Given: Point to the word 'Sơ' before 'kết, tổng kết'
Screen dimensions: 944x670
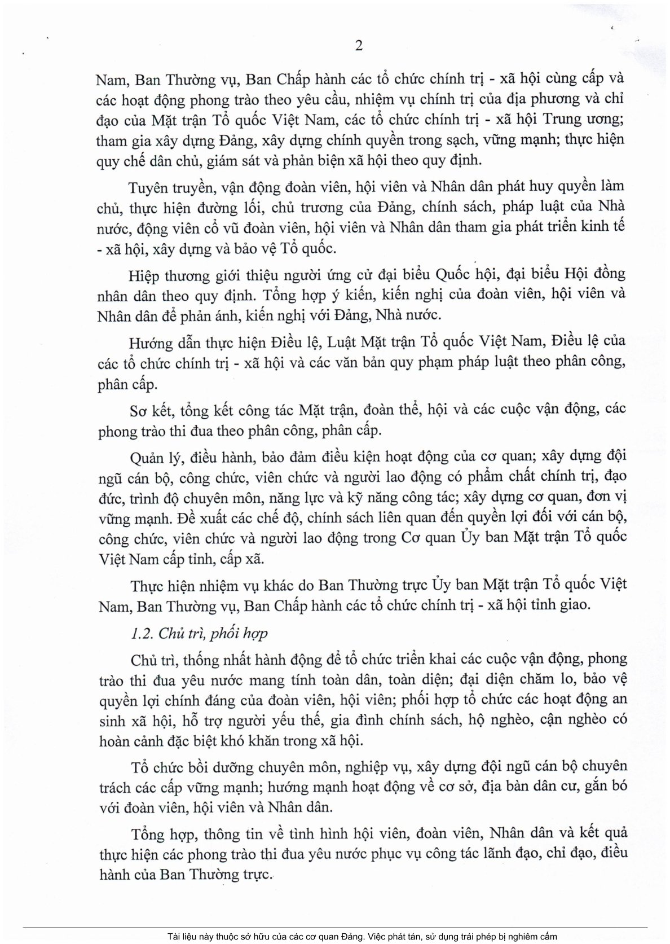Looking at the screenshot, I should click(x=137, y=410).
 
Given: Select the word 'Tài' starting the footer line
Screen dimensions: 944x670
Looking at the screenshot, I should click(x=174, y=937).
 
